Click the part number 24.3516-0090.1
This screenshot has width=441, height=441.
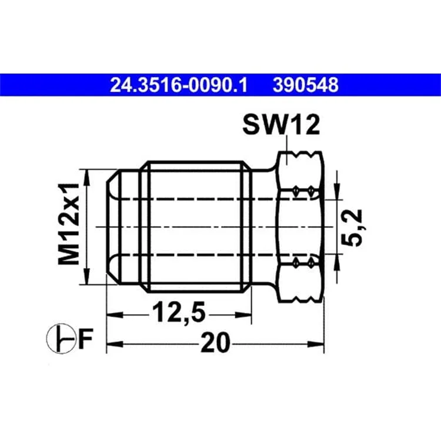pyautogui.click(x=178, y=85)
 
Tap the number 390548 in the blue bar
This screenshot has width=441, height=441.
pyautogui.click(x=305, y=85)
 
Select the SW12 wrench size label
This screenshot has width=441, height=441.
pyautogui.click(x=281, y=125)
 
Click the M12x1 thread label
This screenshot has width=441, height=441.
pyautogui.click(x=68, y=224)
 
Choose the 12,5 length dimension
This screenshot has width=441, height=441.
pyautogui.click(x=179, y=312)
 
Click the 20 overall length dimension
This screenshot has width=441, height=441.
pyautogui.click(x=215, y=342)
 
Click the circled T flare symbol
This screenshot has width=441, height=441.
pyautogui.click(x=61, y=339)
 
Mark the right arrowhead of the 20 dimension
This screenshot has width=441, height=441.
pyautogui.click(x=316, y=344)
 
